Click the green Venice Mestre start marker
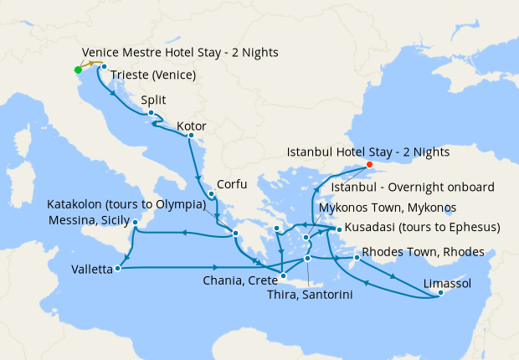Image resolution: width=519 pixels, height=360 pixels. tap(78, 69)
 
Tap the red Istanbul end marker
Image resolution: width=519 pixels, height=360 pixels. tap(369, 165)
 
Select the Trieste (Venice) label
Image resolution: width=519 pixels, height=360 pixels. tap(152, 75)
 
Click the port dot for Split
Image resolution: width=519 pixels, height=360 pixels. tap(151, 113)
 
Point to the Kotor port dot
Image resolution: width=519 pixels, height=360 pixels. tap(191, 135)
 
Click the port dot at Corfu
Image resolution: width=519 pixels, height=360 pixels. tap(211, 195)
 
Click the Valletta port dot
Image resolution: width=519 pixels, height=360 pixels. tap(118, 269)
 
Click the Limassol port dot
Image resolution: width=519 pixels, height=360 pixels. tap(440, 292)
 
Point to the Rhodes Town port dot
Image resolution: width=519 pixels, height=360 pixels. tap(357, 257)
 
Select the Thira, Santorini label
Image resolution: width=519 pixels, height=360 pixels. tap(309, 295)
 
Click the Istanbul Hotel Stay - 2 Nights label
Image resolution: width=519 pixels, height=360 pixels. tap(368, 152)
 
